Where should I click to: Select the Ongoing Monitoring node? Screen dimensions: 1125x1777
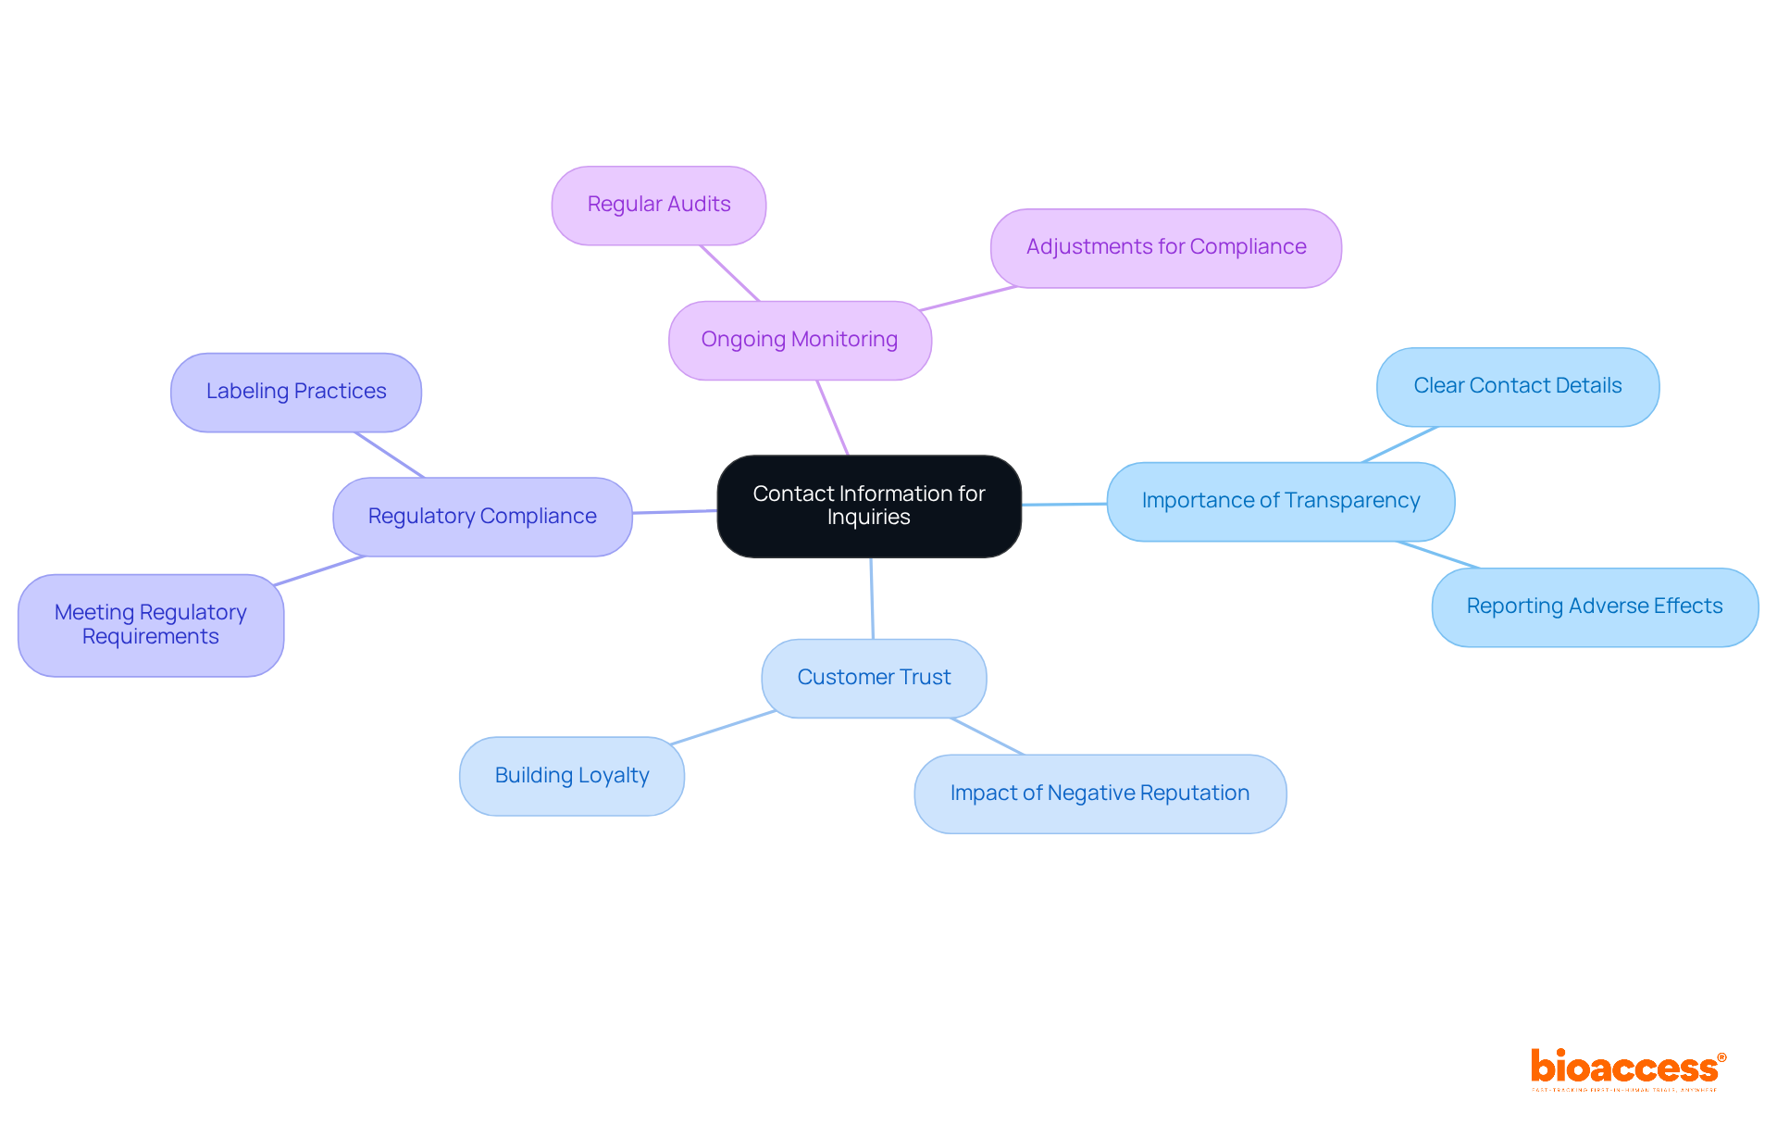point(800,340)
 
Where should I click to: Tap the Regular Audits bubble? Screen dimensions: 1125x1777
point(659,205)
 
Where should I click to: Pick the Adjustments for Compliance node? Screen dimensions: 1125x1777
point(1165,247)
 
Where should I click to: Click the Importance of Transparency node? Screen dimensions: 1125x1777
point(1280,501)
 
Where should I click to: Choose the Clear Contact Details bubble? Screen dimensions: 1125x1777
point(1517,386)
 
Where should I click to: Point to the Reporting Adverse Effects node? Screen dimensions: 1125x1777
point(1594,606)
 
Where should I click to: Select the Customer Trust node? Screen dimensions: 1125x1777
point(874,678)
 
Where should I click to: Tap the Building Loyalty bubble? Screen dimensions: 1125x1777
point(572,776)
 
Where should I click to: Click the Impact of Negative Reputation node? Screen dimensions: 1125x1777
point(1100,794)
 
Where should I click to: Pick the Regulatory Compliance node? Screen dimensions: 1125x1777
point(482,517)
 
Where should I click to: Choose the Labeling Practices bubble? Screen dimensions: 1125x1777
point(296,392)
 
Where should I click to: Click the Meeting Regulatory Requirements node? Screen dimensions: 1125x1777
point(151,625)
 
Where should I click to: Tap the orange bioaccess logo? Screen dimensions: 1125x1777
point(1626,1069)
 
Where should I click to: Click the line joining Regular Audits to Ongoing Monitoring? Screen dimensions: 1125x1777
point(729,273)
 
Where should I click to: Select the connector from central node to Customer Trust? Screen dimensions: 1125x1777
point(872,598)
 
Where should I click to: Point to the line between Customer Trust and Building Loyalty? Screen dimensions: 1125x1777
point(723,727)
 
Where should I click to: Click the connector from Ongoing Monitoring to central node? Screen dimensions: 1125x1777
point(832,418)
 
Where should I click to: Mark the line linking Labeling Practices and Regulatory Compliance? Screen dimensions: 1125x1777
point(390,455)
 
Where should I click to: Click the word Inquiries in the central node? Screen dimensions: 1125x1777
point(868,518)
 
